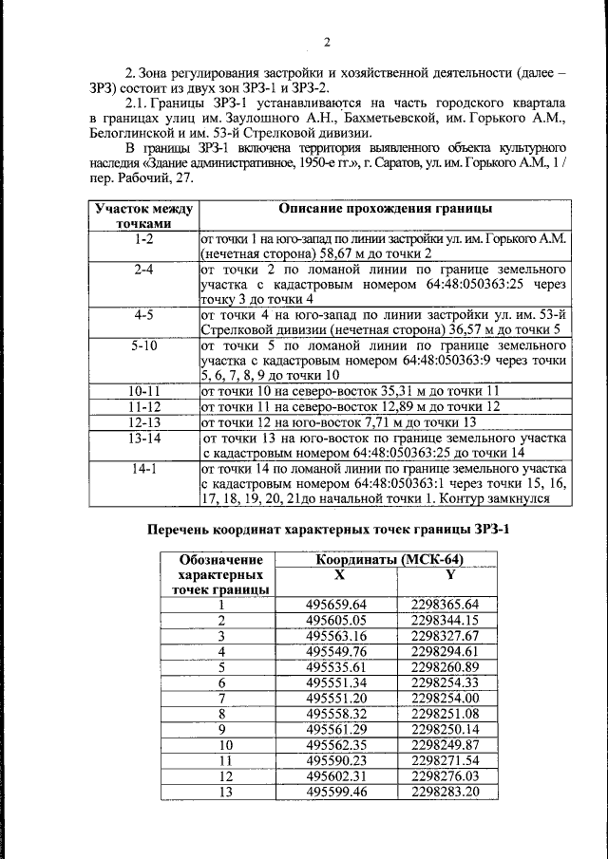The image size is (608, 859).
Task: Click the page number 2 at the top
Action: [x=326, y=41]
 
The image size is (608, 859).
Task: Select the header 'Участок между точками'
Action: [x=143, y=216]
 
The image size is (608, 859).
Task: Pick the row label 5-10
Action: [x=143, y=346]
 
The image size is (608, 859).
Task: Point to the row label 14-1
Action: [x=143, y=469]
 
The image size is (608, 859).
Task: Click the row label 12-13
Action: [x=143, y=421]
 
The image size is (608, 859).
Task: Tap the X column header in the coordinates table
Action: [x=339, y=574]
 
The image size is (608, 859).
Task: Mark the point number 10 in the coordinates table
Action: [x=222, y=745]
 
